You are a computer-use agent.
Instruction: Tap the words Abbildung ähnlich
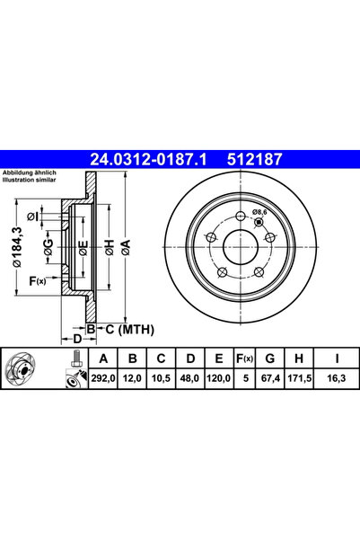click(30, 171)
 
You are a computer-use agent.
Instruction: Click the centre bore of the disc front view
click(241, 249)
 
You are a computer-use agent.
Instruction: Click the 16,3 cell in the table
click(334, 381)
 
